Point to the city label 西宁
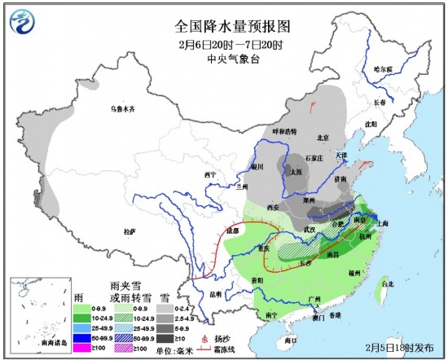point(213,175)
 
